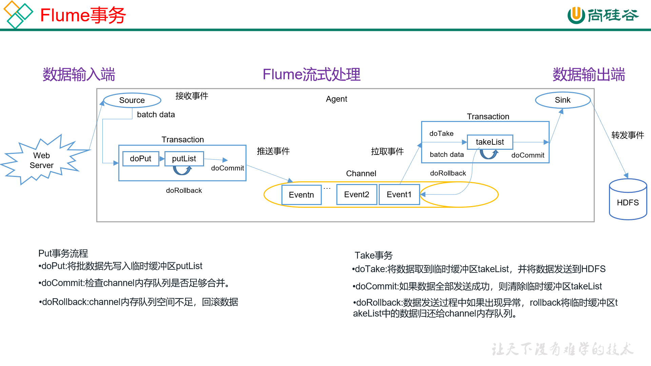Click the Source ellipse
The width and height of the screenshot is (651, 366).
pos(132,100)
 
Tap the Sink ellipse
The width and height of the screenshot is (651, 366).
pos(563,100)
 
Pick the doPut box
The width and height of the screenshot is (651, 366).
pos(140,159)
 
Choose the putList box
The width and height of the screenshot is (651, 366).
pos(184,159)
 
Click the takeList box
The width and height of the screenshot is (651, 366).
pos(490,142)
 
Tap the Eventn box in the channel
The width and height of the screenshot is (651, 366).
pos(301,195)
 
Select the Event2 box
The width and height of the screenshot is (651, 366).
pos(356,195)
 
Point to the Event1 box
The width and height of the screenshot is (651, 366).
pos(399,195)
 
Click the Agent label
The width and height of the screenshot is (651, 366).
pos(336,99)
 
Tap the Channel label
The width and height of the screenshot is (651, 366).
pos(361,174)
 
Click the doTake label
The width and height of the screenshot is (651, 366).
pos(441,134)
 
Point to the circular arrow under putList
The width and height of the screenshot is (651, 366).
pos(182,170)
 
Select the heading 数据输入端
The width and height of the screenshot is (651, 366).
pos(79,75)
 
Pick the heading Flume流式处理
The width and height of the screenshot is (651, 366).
pos(311,75)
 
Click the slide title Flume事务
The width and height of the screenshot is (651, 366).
pos(83,16)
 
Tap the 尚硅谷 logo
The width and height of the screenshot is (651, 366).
pos(603,15)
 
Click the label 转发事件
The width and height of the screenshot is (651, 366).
pos(627,135)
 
